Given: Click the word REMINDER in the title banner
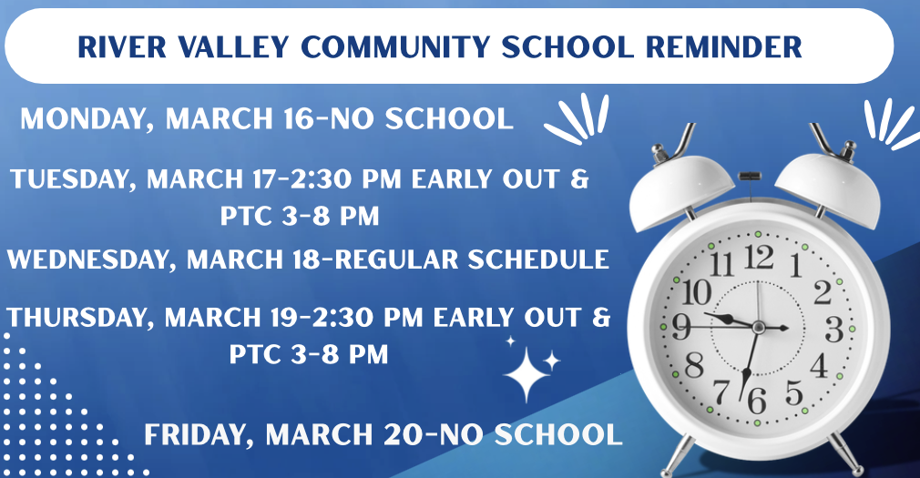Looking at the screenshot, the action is coord(723,47).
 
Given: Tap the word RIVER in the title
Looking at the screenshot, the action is coord(121,47).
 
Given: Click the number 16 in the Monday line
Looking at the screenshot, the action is coord(301,119).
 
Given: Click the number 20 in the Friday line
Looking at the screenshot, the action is coord(402,435).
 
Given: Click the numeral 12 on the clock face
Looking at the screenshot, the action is coord(760,257).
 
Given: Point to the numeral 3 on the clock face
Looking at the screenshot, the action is coord(833,330).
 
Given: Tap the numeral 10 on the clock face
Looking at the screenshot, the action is coord(697,291).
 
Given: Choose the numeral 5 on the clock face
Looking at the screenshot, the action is coord(794,392).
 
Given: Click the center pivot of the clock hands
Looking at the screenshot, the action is coord(758,327).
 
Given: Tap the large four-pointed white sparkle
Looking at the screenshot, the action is coord(526,374).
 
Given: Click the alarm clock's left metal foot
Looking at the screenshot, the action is coord(677,457).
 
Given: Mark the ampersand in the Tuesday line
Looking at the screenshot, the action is coord(579,178).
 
